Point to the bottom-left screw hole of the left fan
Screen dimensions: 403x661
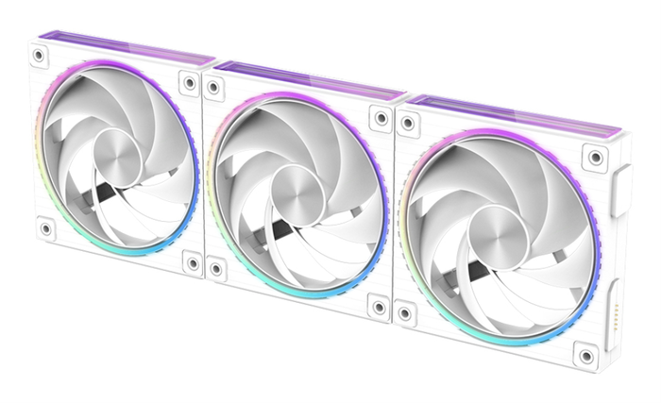point(44,227)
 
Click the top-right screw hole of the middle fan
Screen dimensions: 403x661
point(381,119)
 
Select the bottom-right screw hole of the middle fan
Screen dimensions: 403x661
point(380,308)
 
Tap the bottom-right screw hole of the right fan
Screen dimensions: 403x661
point(587,356)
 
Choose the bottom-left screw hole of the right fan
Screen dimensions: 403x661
point(407,311)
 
